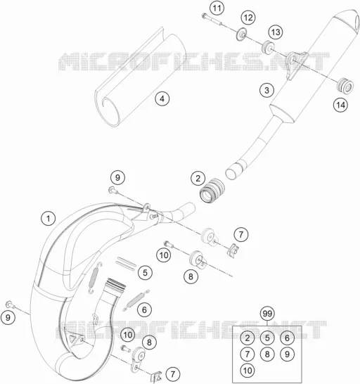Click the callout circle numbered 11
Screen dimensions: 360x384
click(x=217, y=8)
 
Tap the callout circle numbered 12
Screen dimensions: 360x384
click(x=248, y=18)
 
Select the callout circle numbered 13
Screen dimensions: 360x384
click(x=276, y=32)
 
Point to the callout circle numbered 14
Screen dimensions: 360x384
click(x=340, y=105)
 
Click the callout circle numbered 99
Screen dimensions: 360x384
click(x=267, y=314)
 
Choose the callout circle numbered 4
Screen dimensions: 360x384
click(x=162, y=99)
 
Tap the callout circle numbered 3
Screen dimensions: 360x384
click(x=266, y=90)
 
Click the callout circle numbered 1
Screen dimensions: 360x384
click(x=49, y=218)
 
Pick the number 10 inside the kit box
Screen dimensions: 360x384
click(x=247, y=370)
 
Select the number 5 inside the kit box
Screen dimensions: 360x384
click(x=267, y=338)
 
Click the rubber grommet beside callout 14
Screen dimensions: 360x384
click(x=345, y=86)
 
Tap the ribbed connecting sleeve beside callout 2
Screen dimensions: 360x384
click(x=212, y=191)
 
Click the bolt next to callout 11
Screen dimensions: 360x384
click(x=212, y=20)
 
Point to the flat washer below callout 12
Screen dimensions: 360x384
click(x=242, y=34)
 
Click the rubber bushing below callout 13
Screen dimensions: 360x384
click(x=269, y=47)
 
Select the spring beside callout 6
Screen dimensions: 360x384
click(x=136, y=300)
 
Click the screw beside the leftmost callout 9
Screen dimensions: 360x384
click(x=11, y=305)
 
